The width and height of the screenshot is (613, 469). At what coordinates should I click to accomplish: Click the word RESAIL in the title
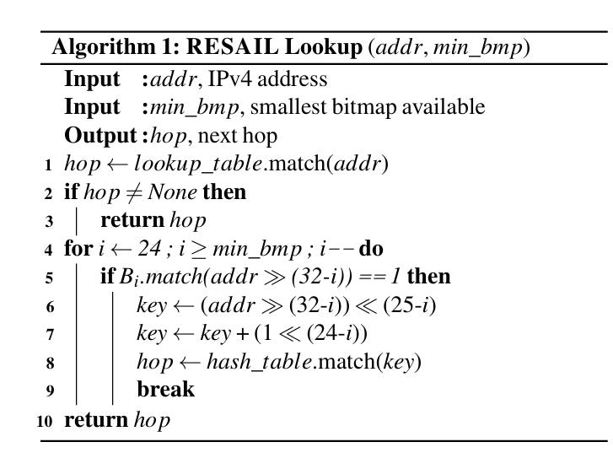click(235, 48)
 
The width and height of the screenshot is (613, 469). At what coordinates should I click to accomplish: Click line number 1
click(50, 164)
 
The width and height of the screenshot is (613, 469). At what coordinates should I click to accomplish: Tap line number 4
click(50, 250)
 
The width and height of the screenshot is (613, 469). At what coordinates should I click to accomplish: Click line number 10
click(46, 419)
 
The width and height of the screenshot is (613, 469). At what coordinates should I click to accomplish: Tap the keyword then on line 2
click(224, 192)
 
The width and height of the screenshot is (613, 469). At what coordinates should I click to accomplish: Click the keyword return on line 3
click(132, 221)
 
